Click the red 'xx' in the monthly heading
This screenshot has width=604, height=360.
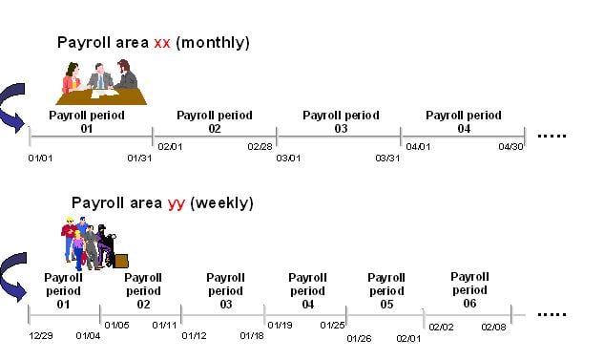tap(161, 42)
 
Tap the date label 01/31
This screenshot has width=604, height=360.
tap(139, 159)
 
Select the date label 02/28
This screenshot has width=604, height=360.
tap(260, 147)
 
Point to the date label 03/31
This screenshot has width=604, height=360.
tap(387, 159)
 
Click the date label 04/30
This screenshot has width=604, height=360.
tap(511, 147)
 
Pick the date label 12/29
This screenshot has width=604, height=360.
tap(41, 335)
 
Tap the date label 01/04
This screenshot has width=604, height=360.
tap(88, 335)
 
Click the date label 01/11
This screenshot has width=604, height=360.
tap(164, 325)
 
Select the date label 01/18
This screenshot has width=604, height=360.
tap(252, 335)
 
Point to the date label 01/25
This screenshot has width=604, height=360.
tap(333, 325)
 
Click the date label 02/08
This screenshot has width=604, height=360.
tap(494, 327)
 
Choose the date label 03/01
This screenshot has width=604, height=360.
tap(288, 159)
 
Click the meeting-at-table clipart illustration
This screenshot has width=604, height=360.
tap(99, 82)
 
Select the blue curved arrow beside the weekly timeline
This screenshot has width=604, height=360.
tap(13, 272)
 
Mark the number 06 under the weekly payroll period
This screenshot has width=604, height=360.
tap(469, 303)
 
